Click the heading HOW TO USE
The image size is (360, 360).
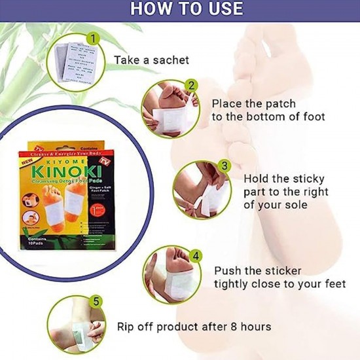tap(187, 9)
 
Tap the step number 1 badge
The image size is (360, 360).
tap(93, 39)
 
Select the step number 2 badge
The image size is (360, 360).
tap(190, 85)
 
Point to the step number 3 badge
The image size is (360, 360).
tap(223, 167)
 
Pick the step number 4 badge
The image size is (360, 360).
tap(194, 256)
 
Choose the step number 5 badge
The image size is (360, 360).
tap(97, 302)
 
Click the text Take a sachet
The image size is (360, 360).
tap(151, 60)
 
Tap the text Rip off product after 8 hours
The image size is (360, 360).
tap(194, 326)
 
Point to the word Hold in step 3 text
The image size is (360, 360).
tap(257, 178)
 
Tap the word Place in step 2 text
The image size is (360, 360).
tap(226, 103)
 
